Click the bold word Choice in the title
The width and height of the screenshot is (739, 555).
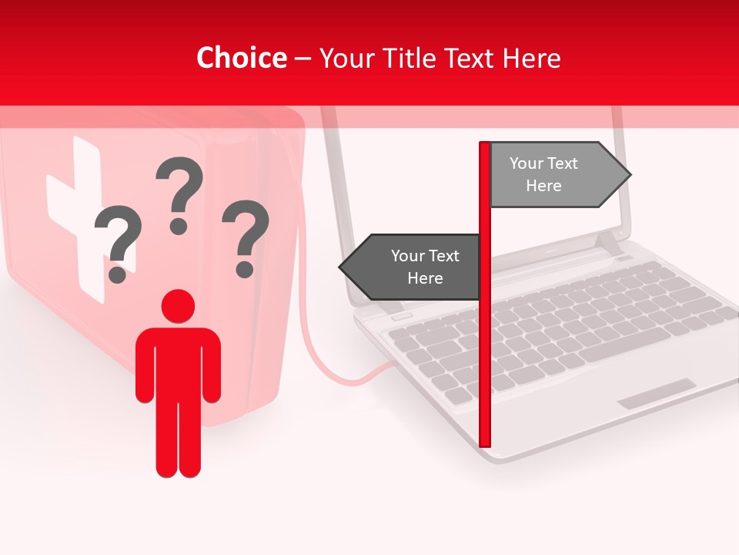pos(241,58)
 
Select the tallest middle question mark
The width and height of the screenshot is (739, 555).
pos(179,193)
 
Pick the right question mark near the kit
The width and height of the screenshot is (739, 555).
pos(246,235)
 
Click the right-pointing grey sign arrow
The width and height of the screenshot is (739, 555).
pos(554,175)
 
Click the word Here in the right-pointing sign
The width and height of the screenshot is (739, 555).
pos(543,186)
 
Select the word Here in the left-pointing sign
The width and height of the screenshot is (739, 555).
pos(425,278)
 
